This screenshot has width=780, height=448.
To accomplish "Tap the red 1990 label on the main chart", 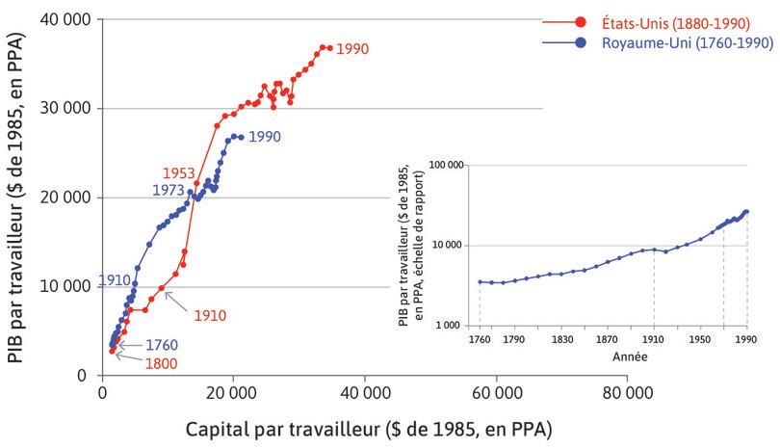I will [352, 48].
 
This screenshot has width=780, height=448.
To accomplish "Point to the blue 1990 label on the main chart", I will [264, 137].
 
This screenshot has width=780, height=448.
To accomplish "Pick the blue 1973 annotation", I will [168, 191].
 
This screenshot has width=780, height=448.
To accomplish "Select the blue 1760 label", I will [162, 344].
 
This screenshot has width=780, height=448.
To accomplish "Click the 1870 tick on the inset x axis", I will [607, 339].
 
